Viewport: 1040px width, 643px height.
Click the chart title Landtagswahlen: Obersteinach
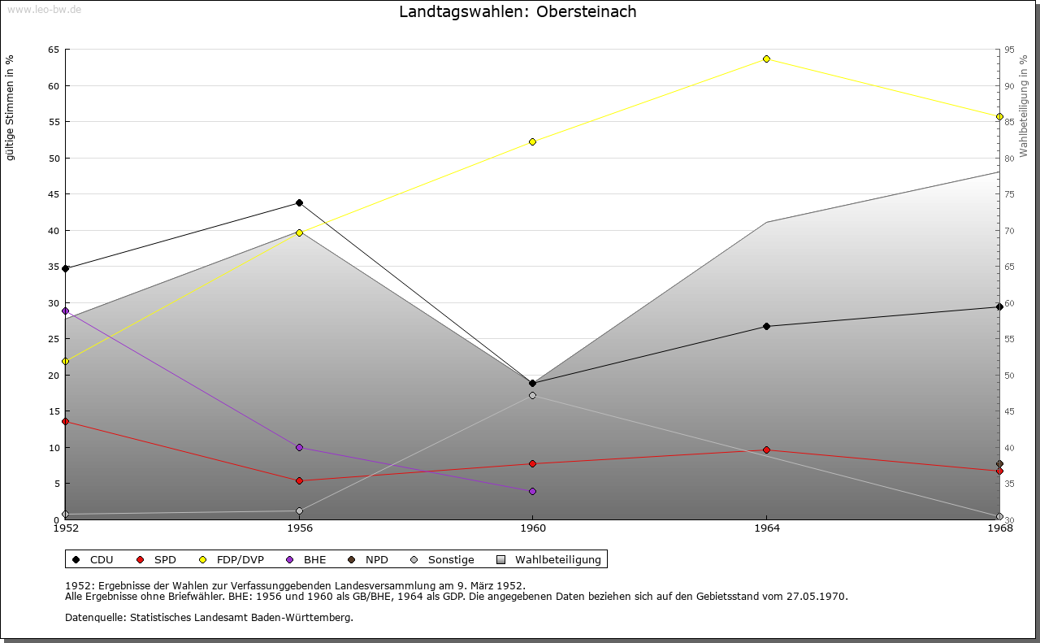pyautogui.click(x=518, y=12)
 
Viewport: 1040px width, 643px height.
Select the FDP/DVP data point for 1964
pyautogui.click(x=766, y=59)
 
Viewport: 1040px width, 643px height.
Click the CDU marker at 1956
pyautogui.click(x=299, y=202)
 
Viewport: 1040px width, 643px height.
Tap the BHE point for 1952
pyautogui.click(x=65, y=311)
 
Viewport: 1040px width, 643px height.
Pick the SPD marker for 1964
pyautogui.click(x=766, y=450)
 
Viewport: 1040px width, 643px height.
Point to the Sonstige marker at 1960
pyautogui.click(x=532, y=395)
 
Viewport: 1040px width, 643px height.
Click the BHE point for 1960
pyautogui.click(x=532, y=491)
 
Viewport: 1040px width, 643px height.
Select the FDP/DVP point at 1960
pyautogui.click(x=532, y=141)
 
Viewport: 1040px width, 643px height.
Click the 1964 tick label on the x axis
pyautogui.click(x=766, y=528)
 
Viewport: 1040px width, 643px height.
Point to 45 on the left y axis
pyautogui.click(x=54, y=193)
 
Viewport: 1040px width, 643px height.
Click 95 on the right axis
pyautogui.click(x=1008, y=50)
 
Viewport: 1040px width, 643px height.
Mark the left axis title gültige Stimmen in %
pyautogui.click(x=11, y=107)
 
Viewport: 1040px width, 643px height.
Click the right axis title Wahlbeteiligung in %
pyautogui.click(x=1024, y=106)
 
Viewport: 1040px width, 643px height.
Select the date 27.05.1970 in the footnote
pyautogui.click(x=817, y=596)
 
